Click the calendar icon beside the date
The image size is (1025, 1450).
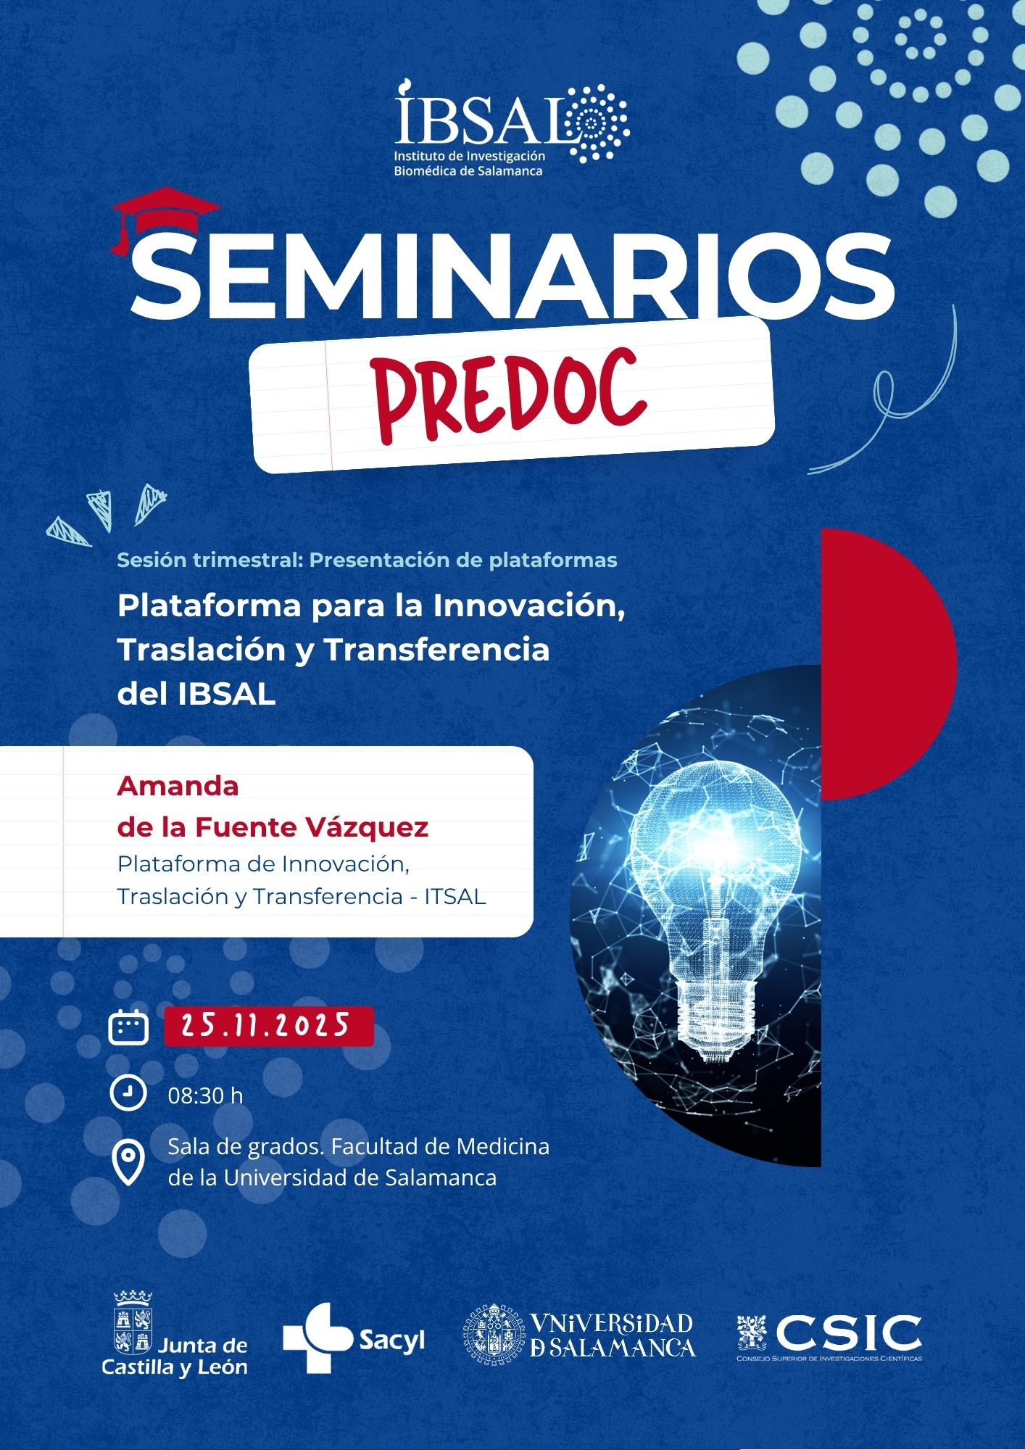128,1026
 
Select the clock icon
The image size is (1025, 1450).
128,1092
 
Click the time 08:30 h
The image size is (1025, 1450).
205,1095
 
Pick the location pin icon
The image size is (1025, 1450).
128,1163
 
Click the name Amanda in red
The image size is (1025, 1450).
178,786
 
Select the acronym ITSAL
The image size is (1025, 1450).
455,897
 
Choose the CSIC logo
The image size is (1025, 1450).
829,1336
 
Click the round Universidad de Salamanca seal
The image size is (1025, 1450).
494,1335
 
